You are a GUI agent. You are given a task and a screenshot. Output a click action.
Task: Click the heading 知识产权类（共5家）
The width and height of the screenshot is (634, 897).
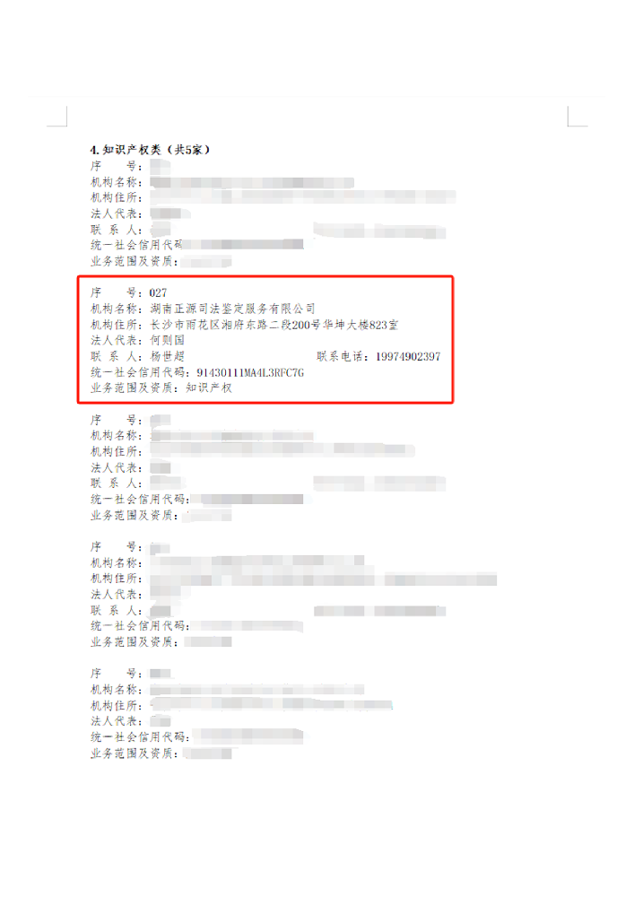tap(150, 150)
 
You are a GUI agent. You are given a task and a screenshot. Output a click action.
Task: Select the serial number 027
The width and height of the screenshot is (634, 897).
tap(158, 292)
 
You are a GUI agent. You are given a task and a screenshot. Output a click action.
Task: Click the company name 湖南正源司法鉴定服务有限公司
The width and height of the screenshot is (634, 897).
tap(233, 309)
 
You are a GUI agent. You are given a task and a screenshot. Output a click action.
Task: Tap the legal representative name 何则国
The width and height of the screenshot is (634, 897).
tap(168, 341)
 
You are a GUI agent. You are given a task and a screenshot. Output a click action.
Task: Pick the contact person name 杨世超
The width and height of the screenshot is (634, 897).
tap(168, 357)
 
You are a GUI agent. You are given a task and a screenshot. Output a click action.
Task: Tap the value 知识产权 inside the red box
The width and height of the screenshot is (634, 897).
tap(208, 388)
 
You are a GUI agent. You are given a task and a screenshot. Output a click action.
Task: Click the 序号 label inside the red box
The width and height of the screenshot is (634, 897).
tap(116, 292)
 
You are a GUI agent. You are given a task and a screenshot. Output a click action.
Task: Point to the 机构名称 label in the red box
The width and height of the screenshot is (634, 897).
tap(116, 309)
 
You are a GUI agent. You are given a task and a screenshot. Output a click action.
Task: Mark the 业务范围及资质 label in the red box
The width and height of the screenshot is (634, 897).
tap(134, 388)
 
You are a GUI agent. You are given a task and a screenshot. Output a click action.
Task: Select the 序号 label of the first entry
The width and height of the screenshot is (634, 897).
tap(116, 166)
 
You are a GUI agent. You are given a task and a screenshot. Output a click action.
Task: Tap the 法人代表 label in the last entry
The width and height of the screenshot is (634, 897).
tap(116, 720)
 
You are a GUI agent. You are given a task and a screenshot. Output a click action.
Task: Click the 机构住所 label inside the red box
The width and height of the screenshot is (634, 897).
tap(116, 325)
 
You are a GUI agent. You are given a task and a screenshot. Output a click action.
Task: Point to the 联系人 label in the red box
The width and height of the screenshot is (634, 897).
tap(116, 357)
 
